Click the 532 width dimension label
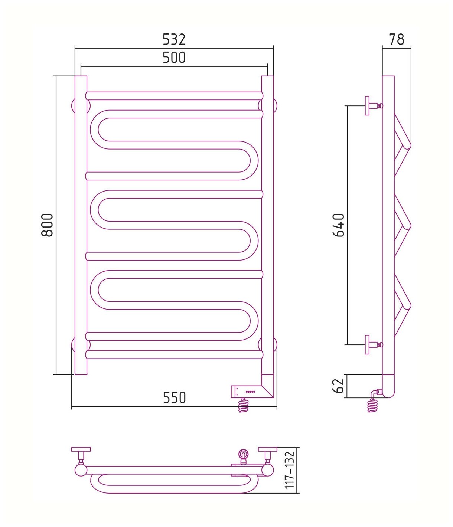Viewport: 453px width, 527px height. tap(174, 39)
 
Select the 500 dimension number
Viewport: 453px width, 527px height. tap(174, 58)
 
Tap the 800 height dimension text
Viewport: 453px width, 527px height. tap(48, 225)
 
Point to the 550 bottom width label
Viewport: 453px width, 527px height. tap(174, 398)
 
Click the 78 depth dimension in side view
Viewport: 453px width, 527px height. tap(397, 39)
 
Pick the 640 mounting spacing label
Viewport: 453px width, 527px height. tap(339, 225)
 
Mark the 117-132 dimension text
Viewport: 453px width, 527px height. tap(290, 470)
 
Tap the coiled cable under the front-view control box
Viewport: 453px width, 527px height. tap(243, 405)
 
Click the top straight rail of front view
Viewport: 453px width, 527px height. tap(174, 96)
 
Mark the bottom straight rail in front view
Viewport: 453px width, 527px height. tap(174, 354)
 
